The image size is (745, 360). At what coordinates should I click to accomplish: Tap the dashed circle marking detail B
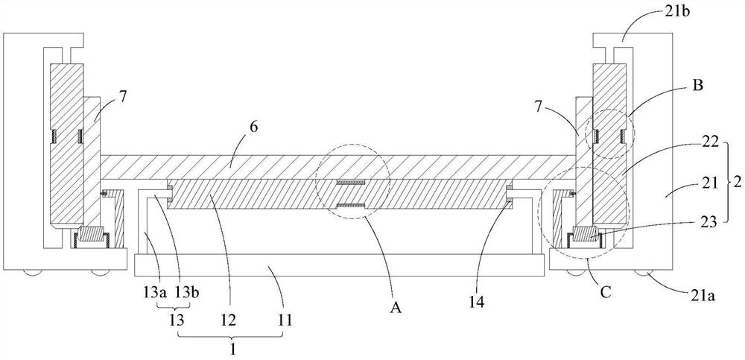pyautogui.click(x=610, y=135)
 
